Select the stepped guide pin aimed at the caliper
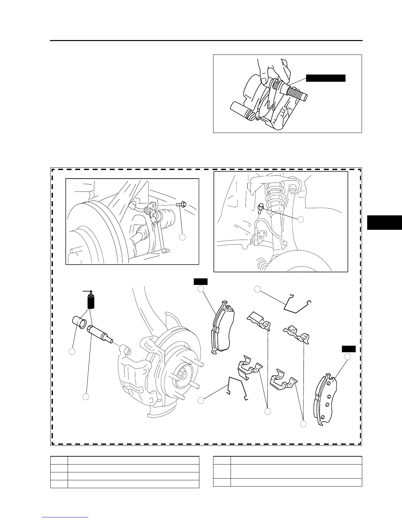coord(99,334)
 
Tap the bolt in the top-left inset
coord(181,205)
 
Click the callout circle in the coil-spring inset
coord(300,219)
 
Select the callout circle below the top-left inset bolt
coord(183,237)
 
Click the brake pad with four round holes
coord(326,400)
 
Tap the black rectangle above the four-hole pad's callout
coord(348,349)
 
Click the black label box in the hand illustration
coord(325,78)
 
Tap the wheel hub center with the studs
coord(183,374)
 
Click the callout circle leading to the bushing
coord(72,352)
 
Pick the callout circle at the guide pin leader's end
coord(86,397)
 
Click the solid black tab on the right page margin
coord(384,222)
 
